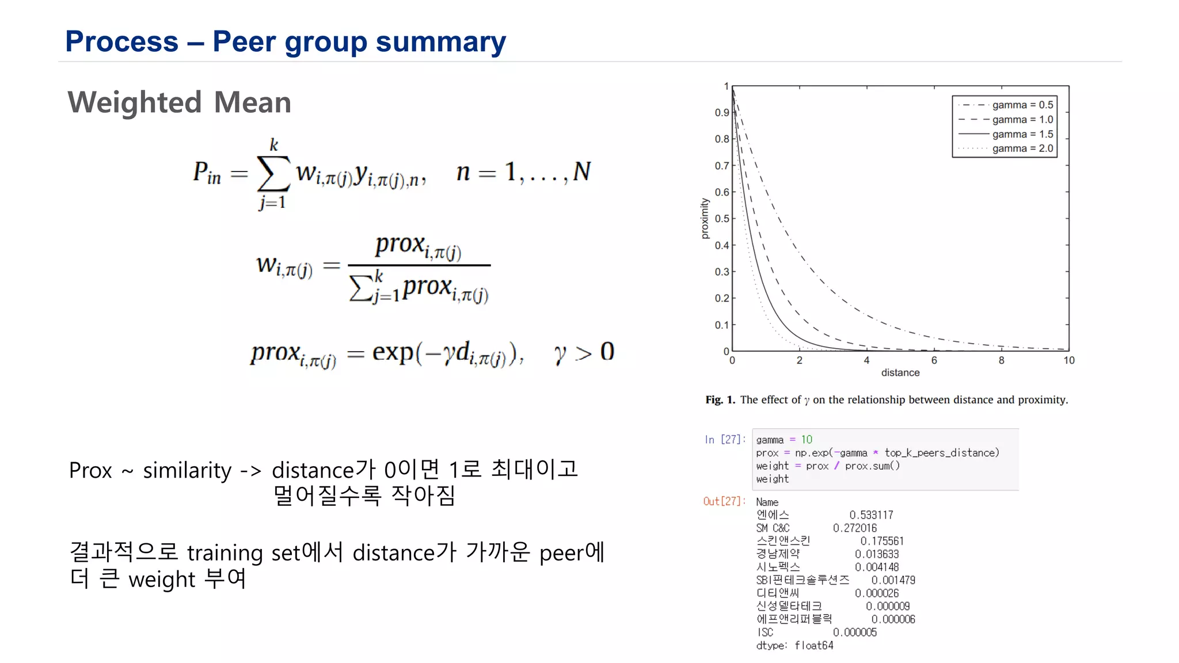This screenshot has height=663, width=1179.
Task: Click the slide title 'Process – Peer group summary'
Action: click(286, 41)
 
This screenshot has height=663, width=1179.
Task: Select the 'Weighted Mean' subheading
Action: click(179, 102)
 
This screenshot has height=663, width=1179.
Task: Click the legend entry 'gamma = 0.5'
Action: click(1022, 105)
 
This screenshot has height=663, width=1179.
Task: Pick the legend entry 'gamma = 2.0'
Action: click(1022, 148)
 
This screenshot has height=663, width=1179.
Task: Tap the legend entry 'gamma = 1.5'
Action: click(1022, 134)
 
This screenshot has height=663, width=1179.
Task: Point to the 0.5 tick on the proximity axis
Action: click(722, 219)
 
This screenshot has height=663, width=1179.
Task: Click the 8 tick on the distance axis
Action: click(1001, 360)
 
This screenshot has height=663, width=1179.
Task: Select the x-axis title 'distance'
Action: click(900, 373)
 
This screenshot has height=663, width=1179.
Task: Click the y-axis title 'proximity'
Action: click(705, 219)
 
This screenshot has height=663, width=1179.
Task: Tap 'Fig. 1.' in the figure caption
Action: click(720, 400)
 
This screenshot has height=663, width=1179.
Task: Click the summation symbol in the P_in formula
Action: click(273, 173)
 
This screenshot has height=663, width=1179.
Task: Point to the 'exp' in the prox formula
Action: click(393, 351)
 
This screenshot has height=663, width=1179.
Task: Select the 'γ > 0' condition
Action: click(584, 352)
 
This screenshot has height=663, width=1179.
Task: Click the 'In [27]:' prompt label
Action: click(725, 440)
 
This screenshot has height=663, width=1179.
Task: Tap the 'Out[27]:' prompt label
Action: click(724, 501)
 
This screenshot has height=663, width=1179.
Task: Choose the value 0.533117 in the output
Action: click(871, 515)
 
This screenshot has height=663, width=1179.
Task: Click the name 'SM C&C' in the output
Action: click(773, 528)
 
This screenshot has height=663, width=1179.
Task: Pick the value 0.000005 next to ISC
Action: click(855, 632)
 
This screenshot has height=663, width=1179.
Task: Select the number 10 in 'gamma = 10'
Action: click(807, 440)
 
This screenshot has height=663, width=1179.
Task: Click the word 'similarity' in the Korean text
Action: click(187, 471)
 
